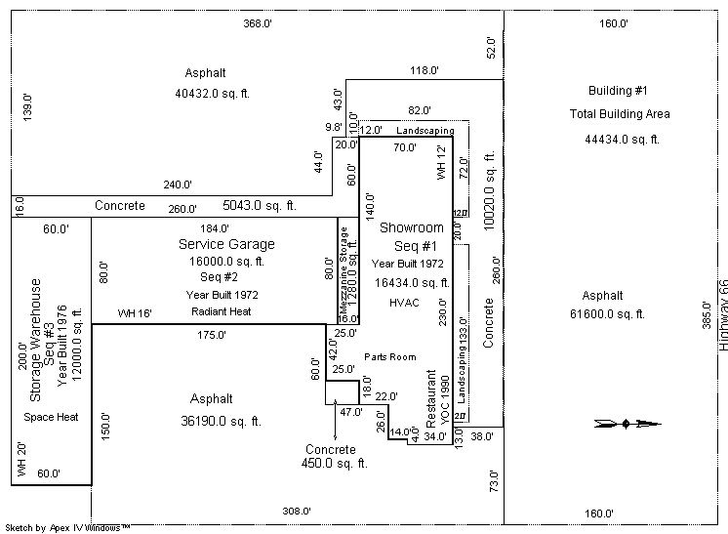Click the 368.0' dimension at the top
click(257, 23)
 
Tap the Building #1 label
click(619, 91)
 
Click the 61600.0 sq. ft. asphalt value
click(607, 313)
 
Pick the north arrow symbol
click(627, 424)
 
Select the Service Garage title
click(226, 244)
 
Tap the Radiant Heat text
click(221, 311)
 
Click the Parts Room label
click(390, 357)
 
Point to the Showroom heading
click(411, 227)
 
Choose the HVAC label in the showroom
click(402, 303)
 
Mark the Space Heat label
click(51, 417)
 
